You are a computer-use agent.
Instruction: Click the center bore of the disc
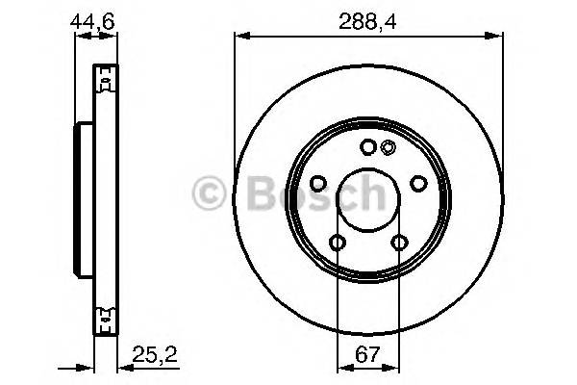[x=368, y=201]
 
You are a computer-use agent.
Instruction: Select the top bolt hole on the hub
[x=368, y=147]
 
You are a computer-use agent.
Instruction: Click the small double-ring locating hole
[x=388, y=147]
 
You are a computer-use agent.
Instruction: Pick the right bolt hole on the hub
[x=418, y=183]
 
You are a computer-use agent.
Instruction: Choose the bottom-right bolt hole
[x=399, y=243]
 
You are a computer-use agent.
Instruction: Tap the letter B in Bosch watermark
[x=259, y=192]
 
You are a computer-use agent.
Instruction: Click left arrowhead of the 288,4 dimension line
[x=240, y=37]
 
